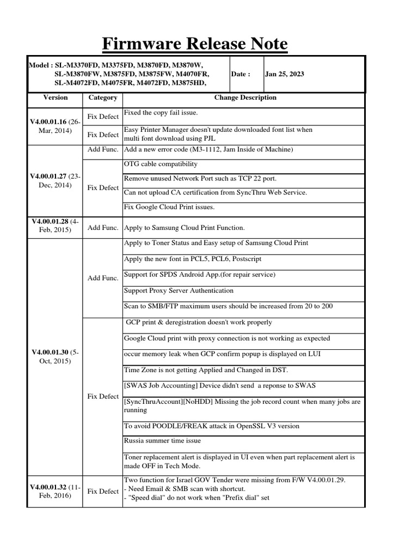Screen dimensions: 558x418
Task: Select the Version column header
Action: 55,98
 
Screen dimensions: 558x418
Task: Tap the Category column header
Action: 102,98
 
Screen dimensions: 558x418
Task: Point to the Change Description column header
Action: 245,98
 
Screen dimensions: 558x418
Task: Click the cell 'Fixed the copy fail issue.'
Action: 161,113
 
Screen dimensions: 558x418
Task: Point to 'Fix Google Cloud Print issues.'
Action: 169,207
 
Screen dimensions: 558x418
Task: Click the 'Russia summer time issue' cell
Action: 162,441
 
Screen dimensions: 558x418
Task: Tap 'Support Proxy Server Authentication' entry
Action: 179,290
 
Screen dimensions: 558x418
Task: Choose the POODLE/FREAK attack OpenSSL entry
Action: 212,426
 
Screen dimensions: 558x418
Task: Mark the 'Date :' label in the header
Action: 241,75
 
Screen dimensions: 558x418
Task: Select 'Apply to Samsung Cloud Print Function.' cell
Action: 185,228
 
